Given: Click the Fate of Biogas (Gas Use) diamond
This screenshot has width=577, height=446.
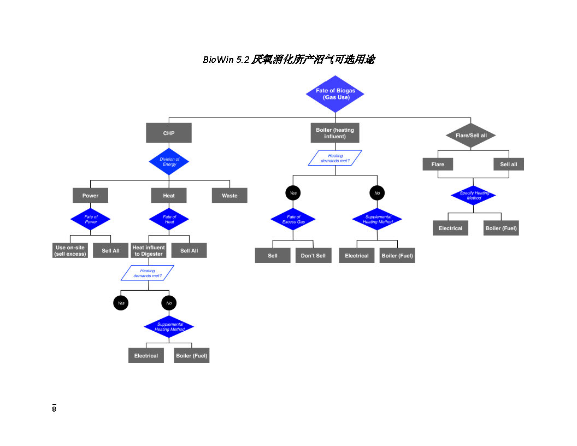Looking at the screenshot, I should pyautogui.click(x=335, y=94).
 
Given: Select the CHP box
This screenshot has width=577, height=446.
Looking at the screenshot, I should pyautogui.click(x=169, y=133).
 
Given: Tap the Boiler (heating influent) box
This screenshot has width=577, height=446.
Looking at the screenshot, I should pyautogui.click(x=335, y=133).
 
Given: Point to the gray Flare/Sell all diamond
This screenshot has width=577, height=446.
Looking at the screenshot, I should pyautogui.click(x=471, y=135).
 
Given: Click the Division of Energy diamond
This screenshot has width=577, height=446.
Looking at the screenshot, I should pyautogui.click(x=169, y=162).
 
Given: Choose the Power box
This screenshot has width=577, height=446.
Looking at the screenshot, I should pyautogui.click(x=91, y=195).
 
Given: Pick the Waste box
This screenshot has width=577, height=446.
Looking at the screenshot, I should pyautogui.click(x=229, y=195).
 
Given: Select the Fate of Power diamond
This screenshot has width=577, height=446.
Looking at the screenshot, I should pyautogui.click(x=91, y=219).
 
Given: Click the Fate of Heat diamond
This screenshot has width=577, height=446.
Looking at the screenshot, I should pyautogui.click(x=169, y=219).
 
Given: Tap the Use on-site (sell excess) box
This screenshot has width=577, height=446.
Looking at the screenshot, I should pyautogui.click(x=70, y=250).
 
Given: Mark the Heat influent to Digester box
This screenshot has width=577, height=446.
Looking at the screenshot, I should pyautogui.click(x=149, y=250).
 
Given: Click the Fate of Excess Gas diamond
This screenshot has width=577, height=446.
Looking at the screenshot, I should pyautogui.click(x=293, y=219).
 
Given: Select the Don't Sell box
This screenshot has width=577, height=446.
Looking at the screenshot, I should pyautogui.click(x=313, y=255).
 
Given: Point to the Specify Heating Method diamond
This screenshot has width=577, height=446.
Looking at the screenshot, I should pyautogui.click(x=474, y=195).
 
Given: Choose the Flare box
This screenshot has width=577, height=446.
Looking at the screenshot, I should pyautogui.click(x=438, y=164).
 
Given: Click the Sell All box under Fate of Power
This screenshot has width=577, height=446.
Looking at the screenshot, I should pyautogui.click(x=110, y=250).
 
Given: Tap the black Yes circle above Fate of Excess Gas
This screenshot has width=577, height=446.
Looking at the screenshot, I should pyautogui.click(x=293, y=193).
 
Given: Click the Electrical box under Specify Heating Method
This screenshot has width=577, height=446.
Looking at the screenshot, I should pyautogui.click(x=450, y=228).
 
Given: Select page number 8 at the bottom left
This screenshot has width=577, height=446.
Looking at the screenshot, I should pyautogui.click(x=54, y=409).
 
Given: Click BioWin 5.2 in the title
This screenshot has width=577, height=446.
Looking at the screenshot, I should pyautogui.click(x=226, y=60).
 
